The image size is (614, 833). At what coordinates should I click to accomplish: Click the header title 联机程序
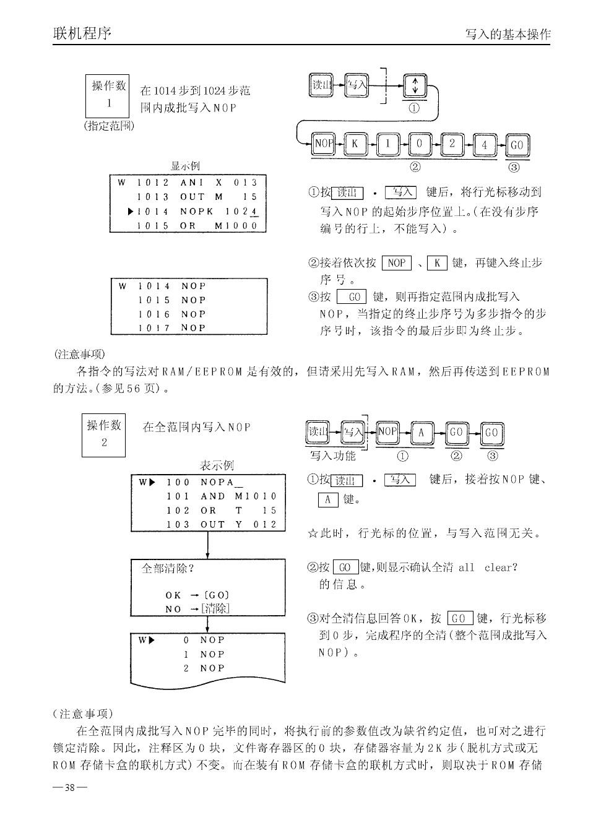pos(82,33)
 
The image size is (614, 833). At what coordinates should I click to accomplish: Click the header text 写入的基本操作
pos(508,35)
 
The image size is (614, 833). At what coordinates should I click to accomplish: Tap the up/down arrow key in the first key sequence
pos(415,85)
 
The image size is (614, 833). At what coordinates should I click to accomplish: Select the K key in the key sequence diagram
pos(355,144)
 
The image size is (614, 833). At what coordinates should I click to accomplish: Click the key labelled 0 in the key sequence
pos(420,144)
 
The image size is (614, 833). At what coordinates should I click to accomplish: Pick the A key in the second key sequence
pos(422,433)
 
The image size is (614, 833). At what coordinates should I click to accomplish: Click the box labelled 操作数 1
pos(107,95)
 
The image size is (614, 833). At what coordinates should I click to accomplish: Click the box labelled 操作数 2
pos(103,434)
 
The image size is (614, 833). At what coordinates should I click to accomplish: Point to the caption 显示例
pos(185,166)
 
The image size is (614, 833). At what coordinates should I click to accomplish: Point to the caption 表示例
pos(216,465)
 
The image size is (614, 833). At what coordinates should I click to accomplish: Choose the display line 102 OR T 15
pos(221,511)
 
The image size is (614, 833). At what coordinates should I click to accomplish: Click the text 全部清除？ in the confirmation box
pos(168,568)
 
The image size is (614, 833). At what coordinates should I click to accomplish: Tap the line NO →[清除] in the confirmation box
pos(197,609)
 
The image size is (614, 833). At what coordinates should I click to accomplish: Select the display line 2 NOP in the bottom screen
pos(204,668)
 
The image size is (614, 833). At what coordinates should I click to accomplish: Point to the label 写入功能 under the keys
pos(333,456)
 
